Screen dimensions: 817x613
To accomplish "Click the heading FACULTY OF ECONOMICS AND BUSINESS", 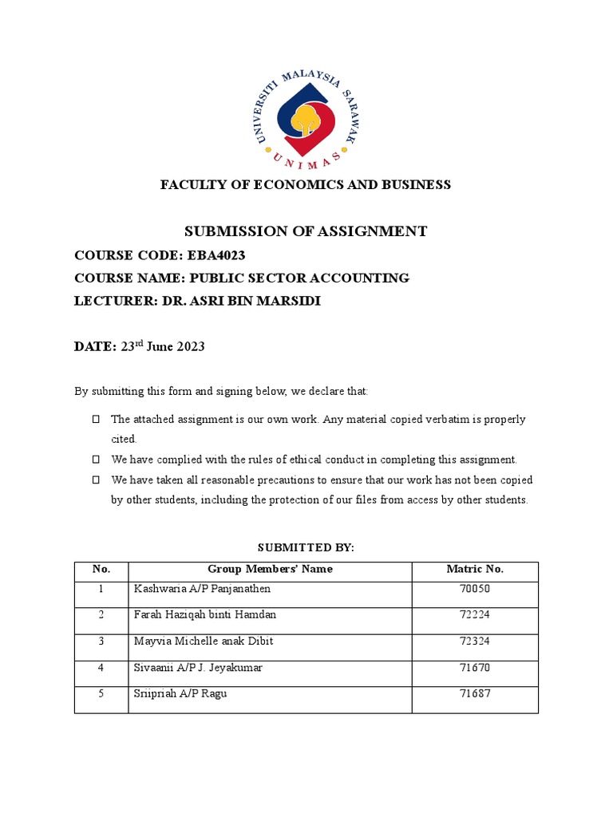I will coord(306,184).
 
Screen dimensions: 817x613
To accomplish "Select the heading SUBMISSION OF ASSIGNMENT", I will coord(306,231).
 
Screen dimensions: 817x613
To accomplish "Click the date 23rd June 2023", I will coord(163,346).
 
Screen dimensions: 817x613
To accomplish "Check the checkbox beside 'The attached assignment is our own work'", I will coord(96,419).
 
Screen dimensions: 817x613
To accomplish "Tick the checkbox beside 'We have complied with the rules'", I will coord(96,460).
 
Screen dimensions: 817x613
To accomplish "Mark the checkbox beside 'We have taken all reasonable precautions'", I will coord(96,480).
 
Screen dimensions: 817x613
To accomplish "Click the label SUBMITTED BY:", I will coord(306,548).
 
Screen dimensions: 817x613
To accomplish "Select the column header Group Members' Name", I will coord(270,570).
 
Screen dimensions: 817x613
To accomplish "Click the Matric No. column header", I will coord(475,570).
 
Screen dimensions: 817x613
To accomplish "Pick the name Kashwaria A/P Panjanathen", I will coord(202,589).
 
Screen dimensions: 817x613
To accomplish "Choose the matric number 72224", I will coord(475,615).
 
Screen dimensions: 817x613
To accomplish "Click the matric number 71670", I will coord(475,668).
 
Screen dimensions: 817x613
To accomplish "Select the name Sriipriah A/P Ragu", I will coord(180,694).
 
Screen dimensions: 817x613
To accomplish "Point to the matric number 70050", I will coord(475,589).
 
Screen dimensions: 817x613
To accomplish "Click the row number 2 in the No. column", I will coord(101,615).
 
